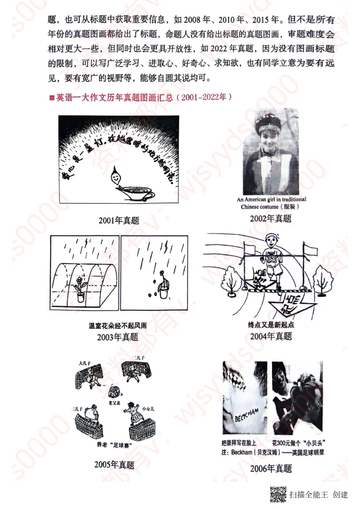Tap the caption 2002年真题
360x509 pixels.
click(271, 219)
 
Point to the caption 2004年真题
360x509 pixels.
click(271, 336)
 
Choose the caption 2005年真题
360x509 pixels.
click(114, 464)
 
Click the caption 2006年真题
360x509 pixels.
click(271, 469)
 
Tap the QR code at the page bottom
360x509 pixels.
click(279, 494)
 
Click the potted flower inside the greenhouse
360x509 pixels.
click(81, 288)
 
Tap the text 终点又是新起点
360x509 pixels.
click(271, 325)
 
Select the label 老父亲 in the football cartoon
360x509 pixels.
click(113, 403)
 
